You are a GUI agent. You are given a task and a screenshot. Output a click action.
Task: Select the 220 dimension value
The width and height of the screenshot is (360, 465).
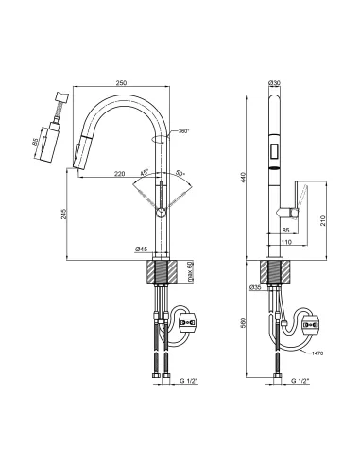pos(119,173)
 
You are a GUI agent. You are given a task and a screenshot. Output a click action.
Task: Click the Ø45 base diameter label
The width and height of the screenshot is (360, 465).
pos(142,250)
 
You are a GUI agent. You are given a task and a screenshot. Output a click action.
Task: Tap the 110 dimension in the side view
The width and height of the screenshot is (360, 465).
pos(286,242)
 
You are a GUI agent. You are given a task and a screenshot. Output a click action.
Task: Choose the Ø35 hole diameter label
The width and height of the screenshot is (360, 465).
pos(254,287)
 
